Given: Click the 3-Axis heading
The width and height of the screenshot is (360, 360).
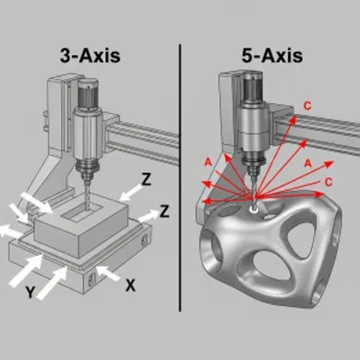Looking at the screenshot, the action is (x=90, y=56).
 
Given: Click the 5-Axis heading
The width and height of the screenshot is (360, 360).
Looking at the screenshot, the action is (x=272, y=56).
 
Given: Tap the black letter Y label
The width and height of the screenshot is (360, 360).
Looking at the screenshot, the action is (x=30, y=292).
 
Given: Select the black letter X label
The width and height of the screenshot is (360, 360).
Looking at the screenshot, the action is (x=131, y=285).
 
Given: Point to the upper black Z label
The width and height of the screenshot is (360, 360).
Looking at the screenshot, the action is (x=146, y=179).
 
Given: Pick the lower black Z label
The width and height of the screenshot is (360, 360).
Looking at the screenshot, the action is (x=165, y=211).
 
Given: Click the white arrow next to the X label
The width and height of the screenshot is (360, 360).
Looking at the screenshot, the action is (x=108, y=273).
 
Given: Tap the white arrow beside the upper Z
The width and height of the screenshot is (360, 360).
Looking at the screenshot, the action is (x=130, y=193).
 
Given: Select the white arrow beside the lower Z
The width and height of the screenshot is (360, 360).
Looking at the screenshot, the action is (x=148, y=215).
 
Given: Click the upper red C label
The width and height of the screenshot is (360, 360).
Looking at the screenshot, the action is (x=307, y=106).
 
